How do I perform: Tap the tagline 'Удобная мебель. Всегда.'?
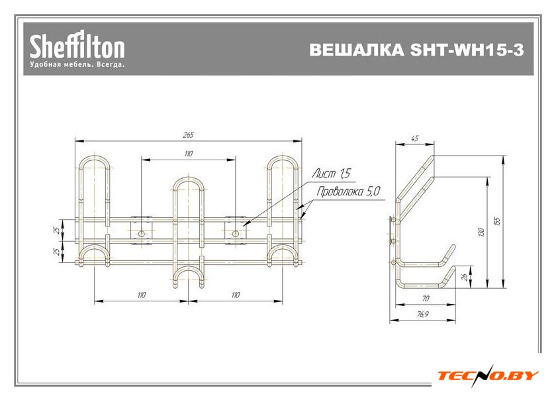pos(77,65)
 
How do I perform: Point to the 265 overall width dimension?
pos(188,135)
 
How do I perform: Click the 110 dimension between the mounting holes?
pos(189,154)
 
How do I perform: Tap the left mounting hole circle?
pos(141,232)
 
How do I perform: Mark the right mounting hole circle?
pos(236,232)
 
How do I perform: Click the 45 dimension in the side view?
pos(415,138)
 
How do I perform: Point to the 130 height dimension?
pos(482,231)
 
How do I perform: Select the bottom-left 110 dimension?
pos(141,295)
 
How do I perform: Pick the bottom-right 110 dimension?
pos(236,295)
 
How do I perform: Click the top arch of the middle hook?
pos(188,179)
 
